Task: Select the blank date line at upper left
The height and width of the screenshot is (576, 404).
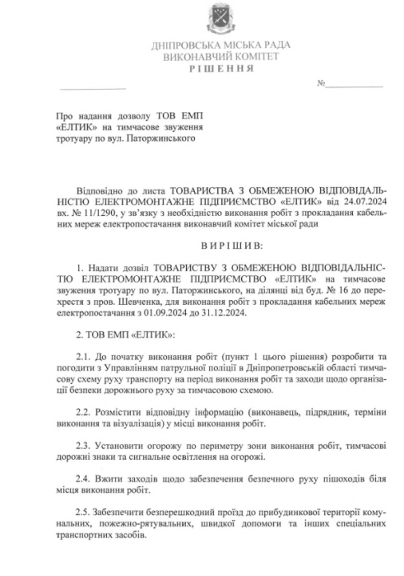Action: [x=93, y=86]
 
